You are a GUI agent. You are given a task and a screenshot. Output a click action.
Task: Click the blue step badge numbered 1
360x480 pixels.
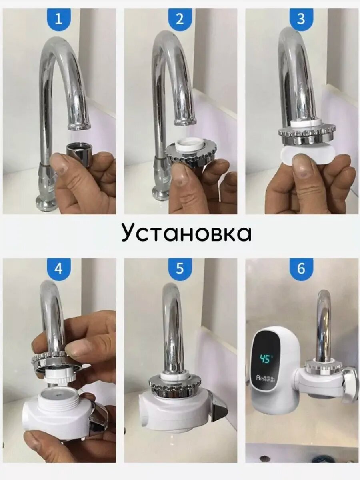[58, 18]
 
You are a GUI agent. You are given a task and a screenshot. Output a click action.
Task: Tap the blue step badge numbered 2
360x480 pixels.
[180, 18]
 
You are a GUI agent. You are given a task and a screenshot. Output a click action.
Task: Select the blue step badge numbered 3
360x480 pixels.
[301, 18]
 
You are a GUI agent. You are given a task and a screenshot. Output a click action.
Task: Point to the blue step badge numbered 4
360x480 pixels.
[58, 268]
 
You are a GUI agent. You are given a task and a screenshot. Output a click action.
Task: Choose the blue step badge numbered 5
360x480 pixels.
[180, 268]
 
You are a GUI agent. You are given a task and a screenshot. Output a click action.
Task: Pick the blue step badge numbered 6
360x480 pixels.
[301, 268]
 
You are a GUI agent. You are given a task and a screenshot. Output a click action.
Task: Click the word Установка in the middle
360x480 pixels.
[186, 233]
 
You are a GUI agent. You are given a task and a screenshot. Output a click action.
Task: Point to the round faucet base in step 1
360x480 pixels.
[47, 205]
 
